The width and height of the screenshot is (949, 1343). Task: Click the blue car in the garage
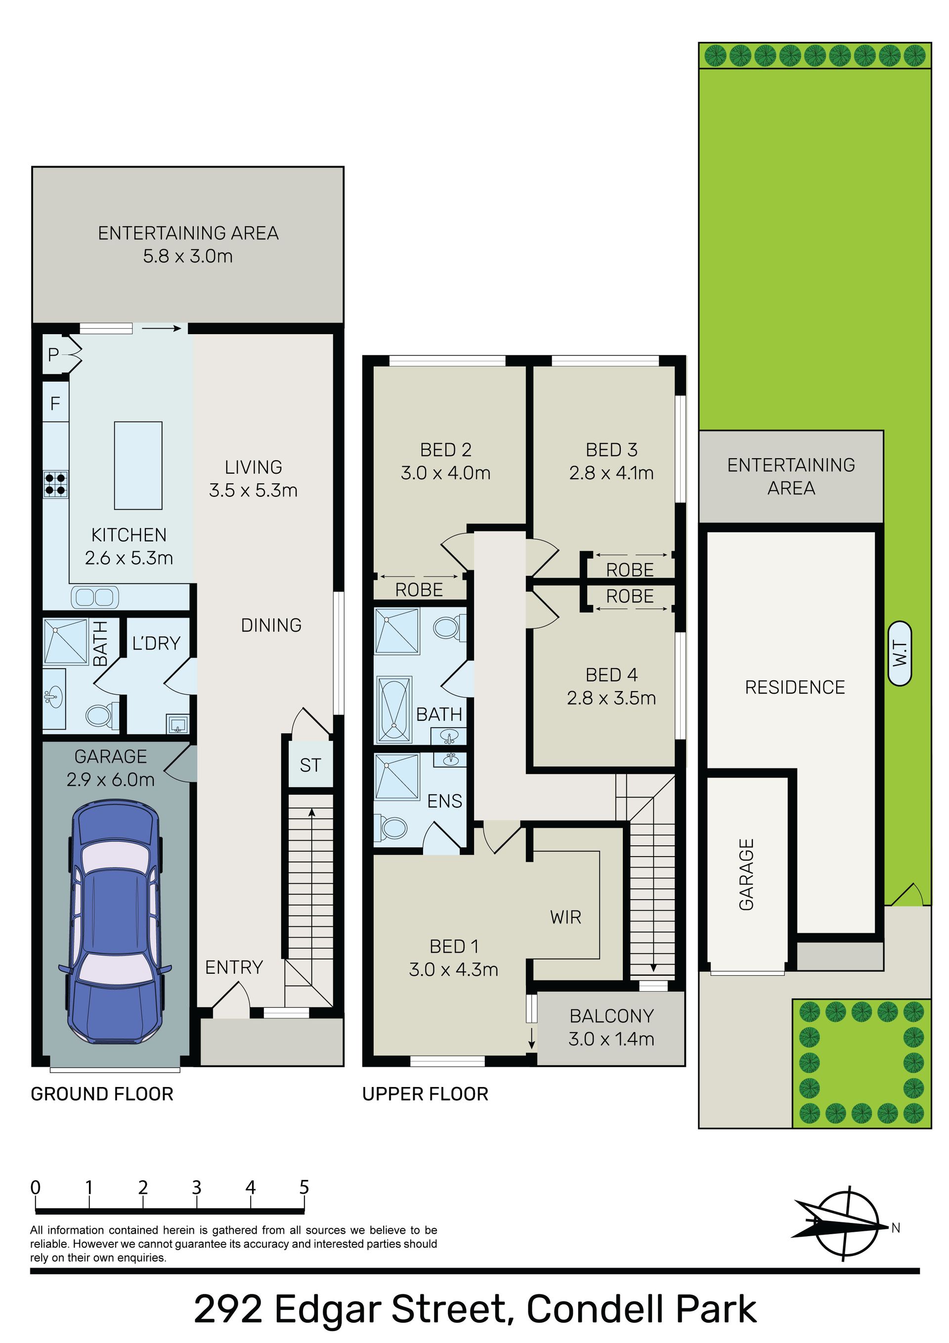click(115, 922)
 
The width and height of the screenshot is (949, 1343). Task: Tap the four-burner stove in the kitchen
click(55, 484)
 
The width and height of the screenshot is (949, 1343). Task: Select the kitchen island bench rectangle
click(138, 466)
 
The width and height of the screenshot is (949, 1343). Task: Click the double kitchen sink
click(95, 597)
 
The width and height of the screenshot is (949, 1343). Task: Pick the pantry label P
click(53, 354)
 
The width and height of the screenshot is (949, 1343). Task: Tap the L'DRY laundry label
click(156, 644)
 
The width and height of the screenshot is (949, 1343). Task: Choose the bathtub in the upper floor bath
click(394, 709)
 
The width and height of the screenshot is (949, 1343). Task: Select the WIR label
click(566, 917)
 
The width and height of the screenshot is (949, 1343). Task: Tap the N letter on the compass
click(896, 1228)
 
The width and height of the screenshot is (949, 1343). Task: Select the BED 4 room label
click(611, 675)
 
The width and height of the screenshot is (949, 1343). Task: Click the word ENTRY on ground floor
click(234, 967)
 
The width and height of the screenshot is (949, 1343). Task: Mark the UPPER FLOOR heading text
click(426, 1094)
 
